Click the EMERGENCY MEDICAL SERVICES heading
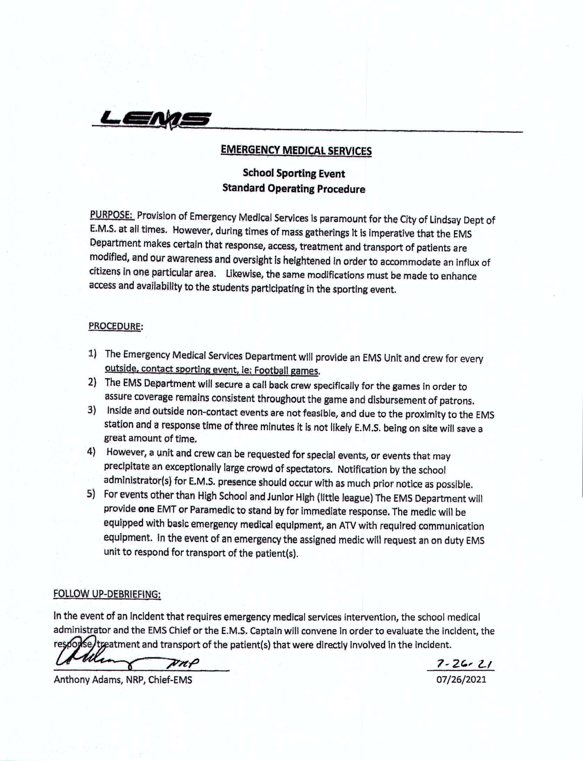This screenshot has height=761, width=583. point(296,150)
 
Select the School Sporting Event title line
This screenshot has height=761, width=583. point(294,173)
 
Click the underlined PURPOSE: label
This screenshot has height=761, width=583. point(111,215)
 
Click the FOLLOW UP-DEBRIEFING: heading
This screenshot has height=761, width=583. point(107,594)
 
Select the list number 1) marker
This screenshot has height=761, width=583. point(92,354)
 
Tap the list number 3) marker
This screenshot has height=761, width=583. point(92,410)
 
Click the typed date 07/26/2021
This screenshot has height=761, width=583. point(461,679)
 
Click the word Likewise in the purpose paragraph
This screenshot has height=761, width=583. point(243,274)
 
